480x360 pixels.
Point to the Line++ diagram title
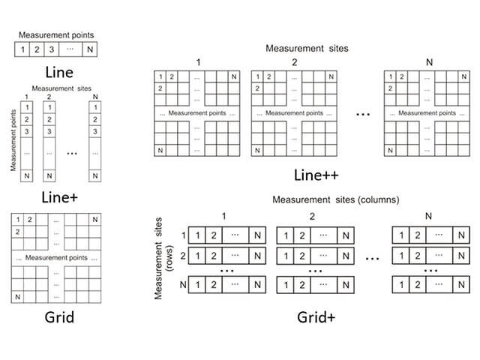point(314,178)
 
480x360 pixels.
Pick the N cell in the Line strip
point(91,51)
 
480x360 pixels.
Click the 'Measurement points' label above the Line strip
point(56,34)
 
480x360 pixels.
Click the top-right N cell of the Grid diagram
point(95,219)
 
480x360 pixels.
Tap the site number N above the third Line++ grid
point(428,61)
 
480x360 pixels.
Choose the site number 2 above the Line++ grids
point(295,61)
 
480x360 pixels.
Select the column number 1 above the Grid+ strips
point(223,216)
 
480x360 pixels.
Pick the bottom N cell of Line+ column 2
point(49,175)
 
